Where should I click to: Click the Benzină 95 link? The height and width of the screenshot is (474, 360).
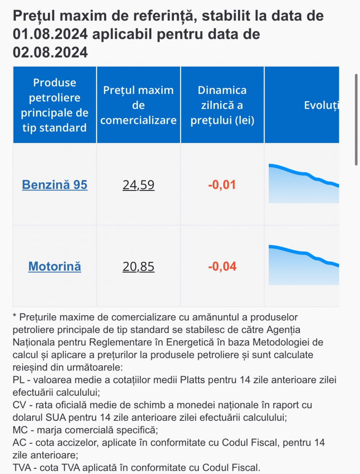(55, 184)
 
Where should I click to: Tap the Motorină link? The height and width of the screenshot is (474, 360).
(55, 266)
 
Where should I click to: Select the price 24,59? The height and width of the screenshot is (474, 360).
(139, 185)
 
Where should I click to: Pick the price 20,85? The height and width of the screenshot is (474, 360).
(139, 266)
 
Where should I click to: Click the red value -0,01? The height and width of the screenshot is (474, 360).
(222, 185)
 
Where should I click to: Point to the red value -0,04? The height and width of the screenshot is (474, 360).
(222, 266)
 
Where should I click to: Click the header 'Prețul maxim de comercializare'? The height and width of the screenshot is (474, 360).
(139, 105)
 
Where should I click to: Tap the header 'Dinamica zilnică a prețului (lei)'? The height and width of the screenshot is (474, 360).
(222, 105)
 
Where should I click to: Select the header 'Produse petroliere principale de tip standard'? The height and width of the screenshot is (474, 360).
(55, 105)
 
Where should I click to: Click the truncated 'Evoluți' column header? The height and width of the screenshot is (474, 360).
(321, 105)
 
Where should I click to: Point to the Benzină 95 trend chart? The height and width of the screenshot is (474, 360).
(304, 183)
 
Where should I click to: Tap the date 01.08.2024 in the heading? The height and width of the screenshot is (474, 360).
(50, 34)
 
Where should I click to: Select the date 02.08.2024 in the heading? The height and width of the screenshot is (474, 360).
(50, 52)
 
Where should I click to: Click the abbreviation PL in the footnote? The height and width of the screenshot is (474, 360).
(19, 379)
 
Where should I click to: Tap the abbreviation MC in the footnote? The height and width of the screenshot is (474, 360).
(20, 430)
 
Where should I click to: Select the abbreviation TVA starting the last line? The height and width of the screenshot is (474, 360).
(22, 468)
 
